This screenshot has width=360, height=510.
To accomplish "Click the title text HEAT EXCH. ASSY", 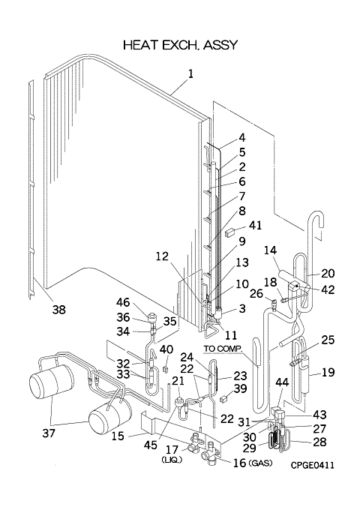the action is coord(181,45).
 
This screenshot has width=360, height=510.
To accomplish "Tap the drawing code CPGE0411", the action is coord(312,465).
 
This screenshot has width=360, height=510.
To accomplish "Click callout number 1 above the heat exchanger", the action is coord(190,73).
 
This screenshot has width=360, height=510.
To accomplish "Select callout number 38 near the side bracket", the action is coord(58,310).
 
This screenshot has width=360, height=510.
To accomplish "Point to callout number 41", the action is coord(255,225).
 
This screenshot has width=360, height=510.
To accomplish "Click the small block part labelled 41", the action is coord(230,232).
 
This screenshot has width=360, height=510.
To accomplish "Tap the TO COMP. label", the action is coord(223,349).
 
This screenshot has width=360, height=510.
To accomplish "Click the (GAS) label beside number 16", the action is coord(260,463).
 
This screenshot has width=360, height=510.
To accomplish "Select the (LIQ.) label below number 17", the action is coord(172,460).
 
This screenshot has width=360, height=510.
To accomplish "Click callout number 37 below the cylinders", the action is coord(49,433).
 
